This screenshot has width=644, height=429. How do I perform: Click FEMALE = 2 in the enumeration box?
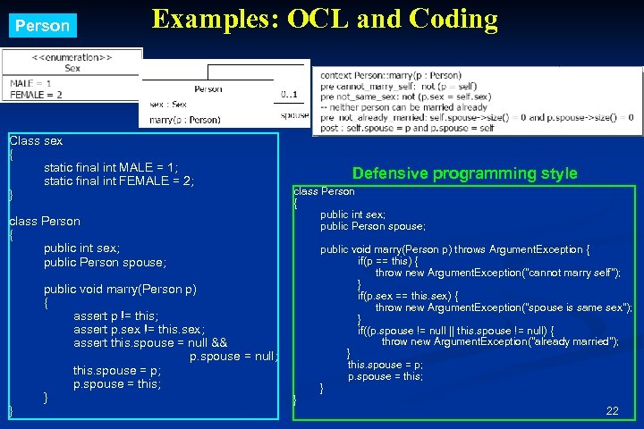point(36,94)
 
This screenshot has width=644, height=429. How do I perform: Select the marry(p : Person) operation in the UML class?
point(184,119)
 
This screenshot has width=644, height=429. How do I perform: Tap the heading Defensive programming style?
point(464,173)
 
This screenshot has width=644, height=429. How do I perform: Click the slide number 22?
point(612,410)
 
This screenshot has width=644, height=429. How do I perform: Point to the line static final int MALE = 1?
point(111,167)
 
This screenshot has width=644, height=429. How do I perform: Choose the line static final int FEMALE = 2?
point(118,181)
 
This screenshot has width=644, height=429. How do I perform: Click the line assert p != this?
point(115,315)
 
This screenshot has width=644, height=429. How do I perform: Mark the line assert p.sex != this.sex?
point(139,329)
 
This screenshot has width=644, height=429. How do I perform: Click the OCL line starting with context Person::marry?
point(391,75)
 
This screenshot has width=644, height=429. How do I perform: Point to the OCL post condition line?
point(407,128)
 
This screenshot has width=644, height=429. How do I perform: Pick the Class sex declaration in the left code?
point(36,140)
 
